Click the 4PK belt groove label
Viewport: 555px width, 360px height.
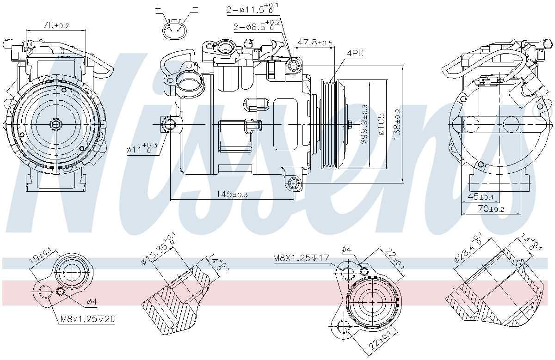pos(355,54)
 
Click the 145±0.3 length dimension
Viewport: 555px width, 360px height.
pos(232,195)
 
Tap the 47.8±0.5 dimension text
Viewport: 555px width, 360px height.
pos(314,43)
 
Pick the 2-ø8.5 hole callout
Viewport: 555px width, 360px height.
pos(256,26)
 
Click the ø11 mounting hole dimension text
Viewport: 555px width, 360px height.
pos(142,148)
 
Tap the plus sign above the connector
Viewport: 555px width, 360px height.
pos(158,8)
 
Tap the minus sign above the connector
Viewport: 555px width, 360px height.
pos(195,8)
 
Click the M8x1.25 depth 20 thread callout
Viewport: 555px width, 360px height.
pos(87,319)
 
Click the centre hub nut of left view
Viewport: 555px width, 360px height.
pos(55,124)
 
